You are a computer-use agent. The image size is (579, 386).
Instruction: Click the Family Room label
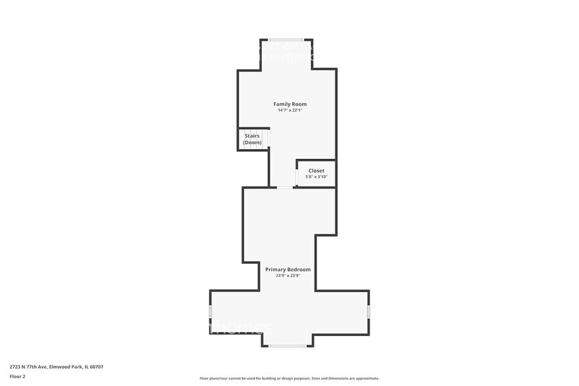coord(289,104)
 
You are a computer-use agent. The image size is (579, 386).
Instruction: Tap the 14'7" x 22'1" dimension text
coord(289,110)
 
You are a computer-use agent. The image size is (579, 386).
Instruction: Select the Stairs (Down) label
coord(252,139)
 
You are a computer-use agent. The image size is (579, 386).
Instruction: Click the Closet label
coord(316,171)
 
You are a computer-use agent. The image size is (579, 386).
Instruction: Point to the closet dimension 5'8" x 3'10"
coord(316,177)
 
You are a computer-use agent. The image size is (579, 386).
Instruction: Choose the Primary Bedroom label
coord(288,269)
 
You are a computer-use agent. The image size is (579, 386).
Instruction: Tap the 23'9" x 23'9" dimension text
coord(288,276)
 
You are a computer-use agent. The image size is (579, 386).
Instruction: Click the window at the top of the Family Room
coord(286,40)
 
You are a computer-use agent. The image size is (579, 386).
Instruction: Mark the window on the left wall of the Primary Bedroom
coord(210,311)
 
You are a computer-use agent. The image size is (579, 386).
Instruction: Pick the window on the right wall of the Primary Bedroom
coord(369,311)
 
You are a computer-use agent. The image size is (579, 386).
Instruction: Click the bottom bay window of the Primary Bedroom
coord(288,346)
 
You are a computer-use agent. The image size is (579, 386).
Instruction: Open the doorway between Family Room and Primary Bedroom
coord(284,187)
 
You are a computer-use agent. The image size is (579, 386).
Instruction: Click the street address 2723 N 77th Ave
coord(28,367)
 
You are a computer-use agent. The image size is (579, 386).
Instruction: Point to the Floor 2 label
coord(17,376)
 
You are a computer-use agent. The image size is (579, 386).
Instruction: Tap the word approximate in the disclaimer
coord(366,378)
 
